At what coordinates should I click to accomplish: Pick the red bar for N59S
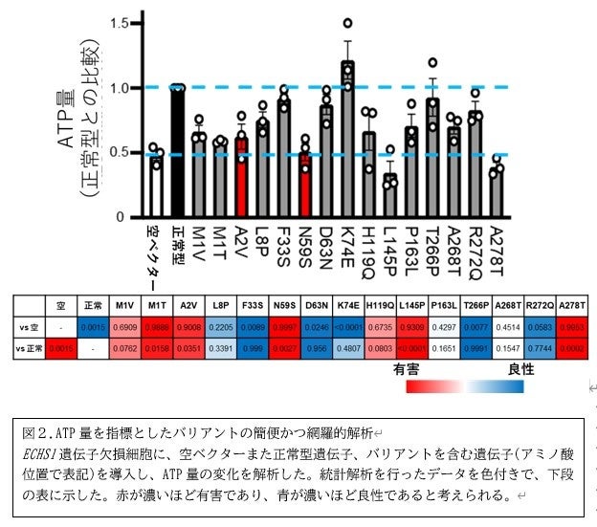point(304,186)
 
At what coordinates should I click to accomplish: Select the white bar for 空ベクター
point(155,187)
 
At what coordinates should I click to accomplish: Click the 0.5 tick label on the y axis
point(120,153)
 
